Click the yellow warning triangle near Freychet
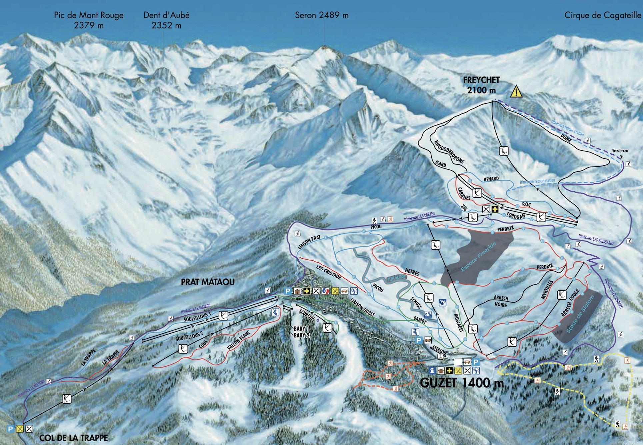tap(516, 91)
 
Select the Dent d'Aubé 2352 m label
tap(166, 20)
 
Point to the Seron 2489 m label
tap(322, 15)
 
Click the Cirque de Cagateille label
tap(603, 15)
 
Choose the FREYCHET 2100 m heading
tap(481, 85)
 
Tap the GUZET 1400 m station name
tap(462, 382)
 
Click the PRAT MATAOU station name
tap(208, 282)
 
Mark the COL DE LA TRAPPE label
tap(74, 438)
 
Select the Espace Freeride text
tap(478, 257)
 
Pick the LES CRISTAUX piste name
tap(329, 272)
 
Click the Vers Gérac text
tap(620, 151)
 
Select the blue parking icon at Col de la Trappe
tap(10, 429)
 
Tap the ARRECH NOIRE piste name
tap(501, 301)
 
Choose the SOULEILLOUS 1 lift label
tap(197, 317)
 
